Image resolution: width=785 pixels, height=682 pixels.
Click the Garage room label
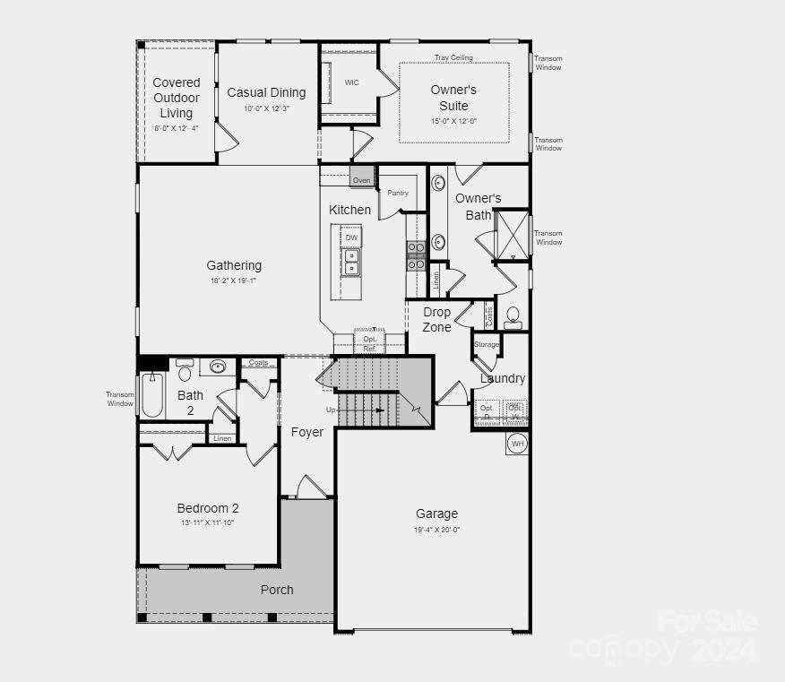coord(436,514)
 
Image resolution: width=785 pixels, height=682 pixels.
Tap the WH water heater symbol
coord(517,443)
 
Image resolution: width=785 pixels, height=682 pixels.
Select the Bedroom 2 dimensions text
coord(207,522)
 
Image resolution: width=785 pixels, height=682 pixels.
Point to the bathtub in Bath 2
coord(151,395)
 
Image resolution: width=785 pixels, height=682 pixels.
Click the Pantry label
coord(398,193)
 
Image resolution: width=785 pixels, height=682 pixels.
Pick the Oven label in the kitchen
coord(361,180)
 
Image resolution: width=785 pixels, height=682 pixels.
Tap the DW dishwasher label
coord(351,237)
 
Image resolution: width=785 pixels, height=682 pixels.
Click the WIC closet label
coord(351,82)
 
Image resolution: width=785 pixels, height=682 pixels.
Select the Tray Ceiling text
coord(453,58)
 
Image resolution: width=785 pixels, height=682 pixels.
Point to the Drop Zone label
coord(437,319)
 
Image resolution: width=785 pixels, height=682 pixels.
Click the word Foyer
coord(307,432)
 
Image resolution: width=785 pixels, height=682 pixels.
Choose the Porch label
coord(277,590)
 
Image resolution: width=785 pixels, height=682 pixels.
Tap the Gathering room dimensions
coord(234,281)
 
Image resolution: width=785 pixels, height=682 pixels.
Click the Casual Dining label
coord(266,92)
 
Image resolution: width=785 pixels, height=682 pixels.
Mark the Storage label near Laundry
coord(487,344)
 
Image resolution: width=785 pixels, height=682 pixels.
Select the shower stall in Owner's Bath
coord(512,234)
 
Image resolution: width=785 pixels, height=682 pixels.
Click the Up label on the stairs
coord(331,410)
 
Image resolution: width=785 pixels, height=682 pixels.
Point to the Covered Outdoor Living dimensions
coord(177,128)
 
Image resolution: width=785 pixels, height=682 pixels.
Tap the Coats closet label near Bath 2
coord(258,362)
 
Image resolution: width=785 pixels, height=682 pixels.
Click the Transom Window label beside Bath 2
coord(120,399)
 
